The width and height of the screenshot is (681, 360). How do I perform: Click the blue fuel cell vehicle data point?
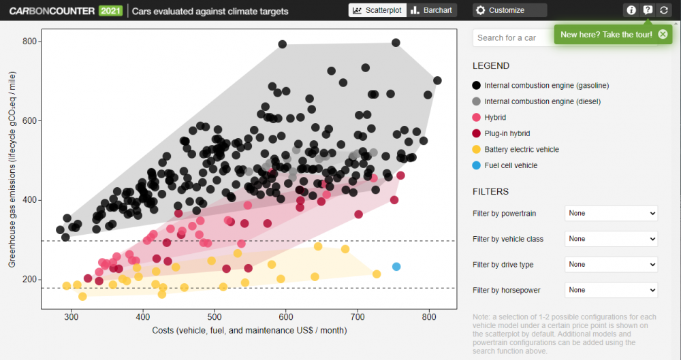[x=396, y=267]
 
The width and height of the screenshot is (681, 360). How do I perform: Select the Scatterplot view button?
[x=377, y=10]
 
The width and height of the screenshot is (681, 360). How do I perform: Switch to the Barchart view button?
[x=432, y=10]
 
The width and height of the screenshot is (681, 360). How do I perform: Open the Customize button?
[x=509, y=10]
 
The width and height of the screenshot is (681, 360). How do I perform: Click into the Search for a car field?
[x=511, y=38]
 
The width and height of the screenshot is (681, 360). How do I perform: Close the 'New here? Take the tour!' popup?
[x=663, y=34]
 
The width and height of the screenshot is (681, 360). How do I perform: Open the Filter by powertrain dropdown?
[x=611, y=214]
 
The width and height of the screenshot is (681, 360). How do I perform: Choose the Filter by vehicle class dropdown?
[x=611, y=239]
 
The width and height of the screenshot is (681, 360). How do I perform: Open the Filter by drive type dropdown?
[x=611, y=265]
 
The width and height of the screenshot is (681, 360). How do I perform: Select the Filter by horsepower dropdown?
[x=611, y=290]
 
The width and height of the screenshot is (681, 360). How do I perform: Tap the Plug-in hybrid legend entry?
[x=507, y=133]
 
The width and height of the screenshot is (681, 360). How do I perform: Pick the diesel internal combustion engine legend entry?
[x=545, y=101]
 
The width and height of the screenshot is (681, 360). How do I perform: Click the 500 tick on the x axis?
[x=215, y=316]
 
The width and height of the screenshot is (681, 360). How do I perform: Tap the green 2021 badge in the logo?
[x=109, y=11]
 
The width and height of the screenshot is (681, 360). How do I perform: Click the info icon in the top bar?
[x=631, y=10]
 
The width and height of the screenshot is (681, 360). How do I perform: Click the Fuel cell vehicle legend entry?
[x=510, y=165]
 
